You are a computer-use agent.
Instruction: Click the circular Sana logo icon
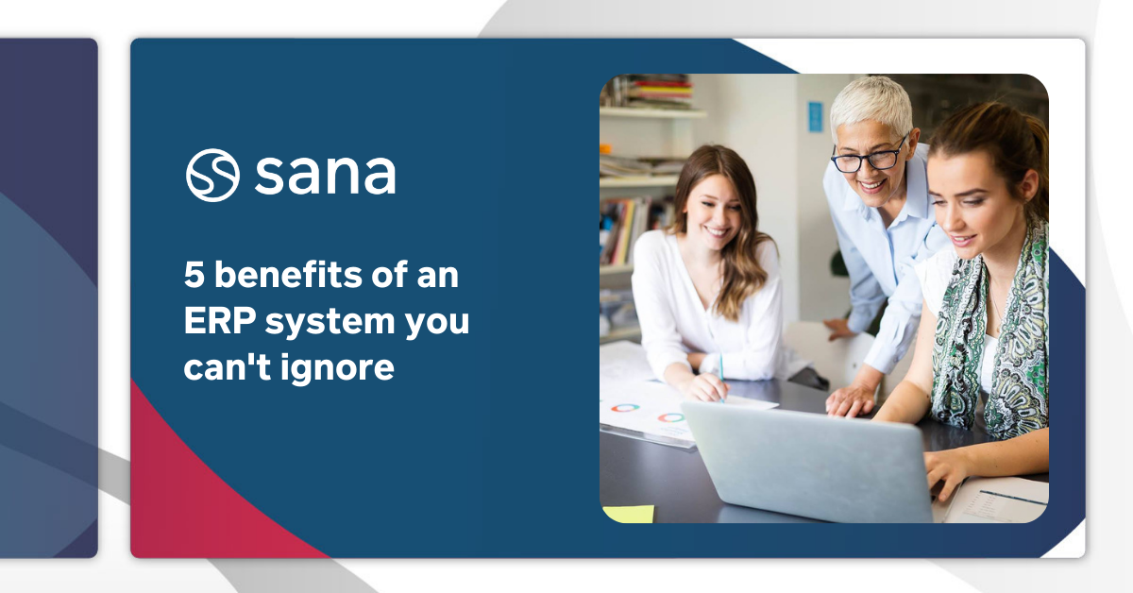tap(212, 175)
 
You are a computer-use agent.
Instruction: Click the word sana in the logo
tap(324, 176)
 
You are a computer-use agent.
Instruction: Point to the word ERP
tap(218, 322)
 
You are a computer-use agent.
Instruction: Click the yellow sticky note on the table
tap(628, 514)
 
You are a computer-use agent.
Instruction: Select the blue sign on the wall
tap(815, 116)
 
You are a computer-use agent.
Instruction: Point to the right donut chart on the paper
tap(671, 416)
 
